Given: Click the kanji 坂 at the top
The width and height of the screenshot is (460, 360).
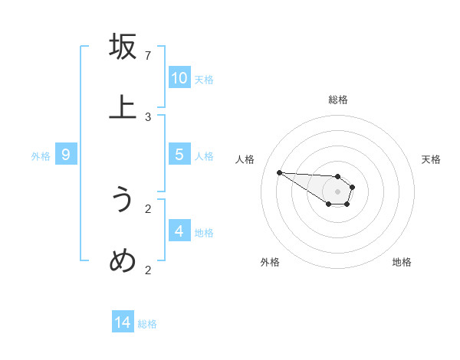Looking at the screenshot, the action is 123,47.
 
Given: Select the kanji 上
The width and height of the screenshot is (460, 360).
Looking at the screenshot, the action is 123,108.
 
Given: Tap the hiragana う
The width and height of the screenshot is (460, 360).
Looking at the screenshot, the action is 123,200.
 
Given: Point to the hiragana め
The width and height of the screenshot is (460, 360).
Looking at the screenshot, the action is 123,261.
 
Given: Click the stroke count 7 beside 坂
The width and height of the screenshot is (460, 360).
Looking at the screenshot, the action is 148,56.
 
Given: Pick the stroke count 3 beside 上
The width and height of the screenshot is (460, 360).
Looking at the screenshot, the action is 148,117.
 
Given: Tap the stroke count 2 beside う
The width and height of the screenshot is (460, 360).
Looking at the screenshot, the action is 148,208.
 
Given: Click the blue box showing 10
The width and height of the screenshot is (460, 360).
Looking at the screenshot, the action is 179,78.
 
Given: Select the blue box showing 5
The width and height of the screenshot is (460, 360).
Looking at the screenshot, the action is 179,155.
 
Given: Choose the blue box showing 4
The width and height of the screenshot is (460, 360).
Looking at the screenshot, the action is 179,231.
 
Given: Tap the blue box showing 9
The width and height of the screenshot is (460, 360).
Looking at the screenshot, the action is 66,155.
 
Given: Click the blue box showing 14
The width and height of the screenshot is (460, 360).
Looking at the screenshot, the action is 123,322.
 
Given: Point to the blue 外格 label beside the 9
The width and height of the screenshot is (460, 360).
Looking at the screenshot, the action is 41,156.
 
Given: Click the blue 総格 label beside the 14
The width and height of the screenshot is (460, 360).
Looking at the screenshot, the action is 147,324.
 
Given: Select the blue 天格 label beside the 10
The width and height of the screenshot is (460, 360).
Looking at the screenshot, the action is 204,80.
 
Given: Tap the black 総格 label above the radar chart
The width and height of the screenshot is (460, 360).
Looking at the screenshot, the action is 338,100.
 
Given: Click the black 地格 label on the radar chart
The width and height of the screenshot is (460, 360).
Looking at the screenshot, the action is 402,262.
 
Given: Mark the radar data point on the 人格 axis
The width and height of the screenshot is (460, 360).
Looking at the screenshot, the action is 279,172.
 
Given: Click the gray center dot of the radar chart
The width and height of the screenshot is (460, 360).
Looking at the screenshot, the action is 337,191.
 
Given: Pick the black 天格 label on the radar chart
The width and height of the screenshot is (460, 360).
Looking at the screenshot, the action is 431,159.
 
